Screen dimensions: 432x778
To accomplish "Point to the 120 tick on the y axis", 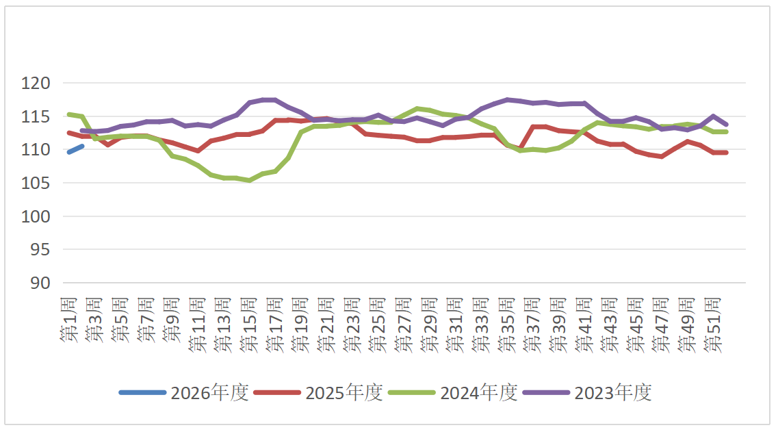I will [36, 84].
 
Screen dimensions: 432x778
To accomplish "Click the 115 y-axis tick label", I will [36, 117].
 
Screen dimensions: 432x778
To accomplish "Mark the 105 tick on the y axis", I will [36, 183].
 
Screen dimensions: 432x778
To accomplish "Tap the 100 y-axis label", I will [36, 216].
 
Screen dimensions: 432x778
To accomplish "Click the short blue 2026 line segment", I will [75, 149].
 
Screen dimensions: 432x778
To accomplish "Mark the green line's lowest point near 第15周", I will [250, 180].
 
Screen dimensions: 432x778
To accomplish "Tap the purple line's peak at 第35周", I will [507, 100].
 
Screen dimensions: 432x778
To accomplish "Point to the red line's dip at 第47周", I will [661, 156].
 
